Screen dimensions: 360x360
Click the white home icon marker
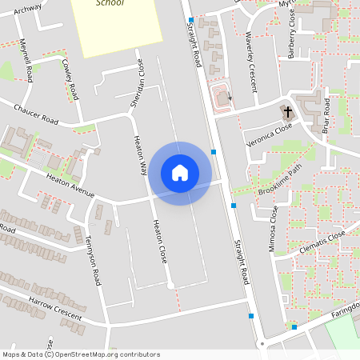pos(180,173)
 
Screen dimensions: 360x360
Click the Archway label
pos(27,9)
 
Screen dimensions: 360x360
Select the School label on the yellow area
pos(110,3)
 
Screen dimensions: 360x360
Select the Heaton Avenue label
pos(70,186)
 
